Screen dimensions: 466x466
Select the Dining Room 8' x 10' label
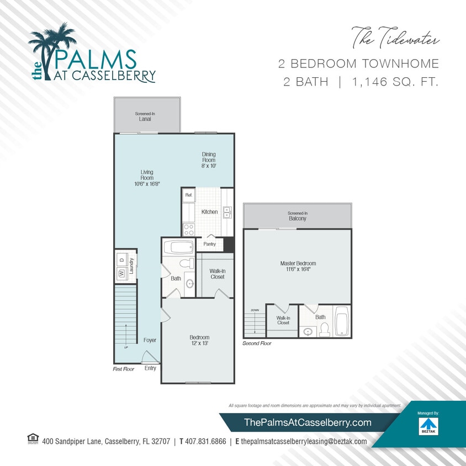click(x=208, y=160)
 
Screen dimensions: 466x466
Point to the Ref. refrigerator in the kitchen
click(x=188, y=195)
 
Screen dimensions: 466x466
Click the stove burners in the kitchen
click(x=188, y=229)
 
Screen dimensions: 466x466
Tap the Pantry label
click(x=209, y=243)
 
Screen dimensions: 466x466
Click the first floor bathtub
click(x=178, y=247)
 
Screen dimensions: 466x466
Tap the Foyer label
click(x=150, y=340)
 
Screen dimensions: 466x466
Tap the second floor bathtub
click(x=342, y=321)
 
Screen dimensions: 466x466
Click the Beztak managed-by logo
click(x=427, y=425)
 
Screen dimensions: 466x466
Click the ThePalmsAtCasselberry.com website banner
click(x=308, y=422)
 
